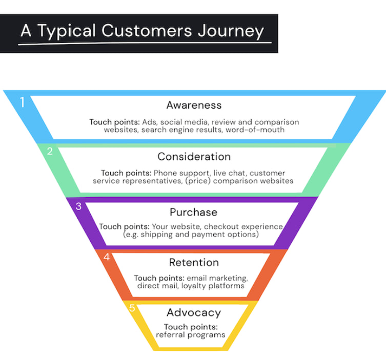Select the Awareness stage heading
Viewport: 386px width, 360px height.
pyautogui.click(x=194, y=105)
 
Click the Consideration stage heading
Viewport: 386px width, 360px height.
pyautogui.click(x=194, y=156)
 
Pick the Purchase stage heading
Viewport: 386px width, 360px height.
pyautogui.click(x=193, y=212)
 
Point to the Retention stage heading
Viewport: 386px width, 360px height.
pyautogui.click(x=194, y=263)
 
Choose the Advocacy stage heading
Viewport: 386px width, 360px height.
pyautogui.click(x=194, y=312)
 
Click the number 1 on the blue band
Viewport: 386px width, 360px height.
pyautogui.click(x=22, y=102)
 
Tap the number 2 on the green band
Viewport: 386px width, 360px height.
pyautogui.click(x=50, y=151)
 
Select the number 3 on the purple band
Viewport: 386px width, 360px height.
pyautogui.click(x=78, y=206)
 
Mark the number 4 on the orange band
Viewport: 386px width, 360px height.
pyautogui.click(x=106, y=257)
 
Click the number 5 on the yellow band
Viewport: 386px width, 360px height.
pyautogui.click(x=132, y=308)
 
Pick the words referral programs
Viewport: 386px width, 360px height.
pyautogui.click(x=191, y=334)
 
